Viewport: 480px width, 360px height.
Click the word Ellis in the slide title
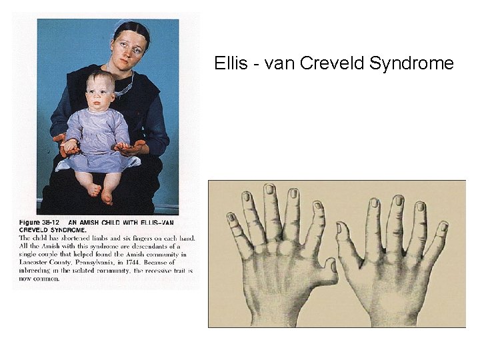tap(228, 63)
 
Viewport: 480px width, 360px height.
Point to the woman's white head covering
tap(120, 25)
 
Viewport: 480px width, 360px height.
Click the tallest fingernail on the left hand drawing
tap(269, 191)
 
